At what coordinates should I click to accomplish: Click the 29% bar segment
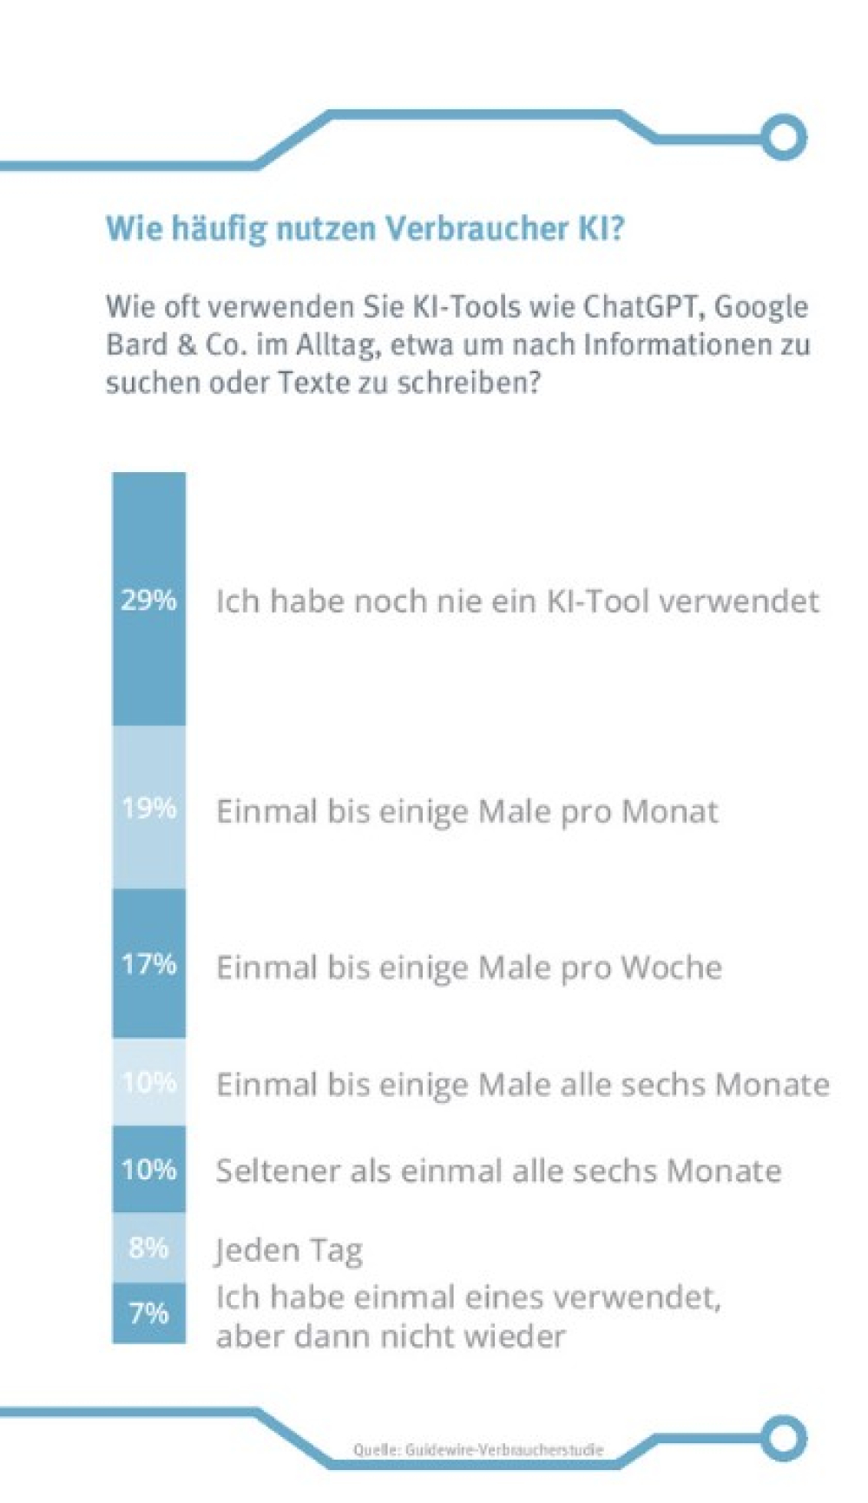[148, 599]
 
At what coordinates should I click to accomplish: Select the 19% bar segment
[148, 807]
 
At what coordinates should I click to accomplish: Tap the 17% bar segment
[148, 963]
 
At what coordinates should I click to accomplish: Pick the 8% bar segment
[148, 1247]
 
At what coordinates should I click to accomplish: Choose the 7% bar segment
[148, 1312]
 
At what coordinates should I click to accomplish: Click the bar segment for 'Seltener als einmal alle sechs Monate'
[148, 1169]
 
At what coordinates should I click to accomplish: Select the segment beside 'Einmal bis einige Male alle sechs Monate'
[148, 1082]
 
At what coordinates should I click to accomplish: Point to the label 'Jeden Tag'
[288, 1250]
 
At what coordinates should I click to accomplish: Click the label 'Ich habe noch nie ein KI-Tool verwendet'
[516, 601]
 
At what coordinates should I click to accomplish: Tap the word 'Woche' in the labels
[670, 967]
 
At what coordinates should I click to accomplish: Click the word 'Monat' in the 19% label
[669, 811]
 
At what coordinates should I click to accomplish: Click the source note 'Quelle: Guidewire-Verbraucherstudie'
[477, 1449]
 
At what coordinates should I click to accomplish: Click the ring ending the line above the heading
[784, 137]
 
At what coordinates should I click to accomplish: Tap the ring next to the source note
[784, 1437]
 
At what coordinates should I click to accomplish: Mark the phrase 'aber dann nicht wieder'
[391, 1336]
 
